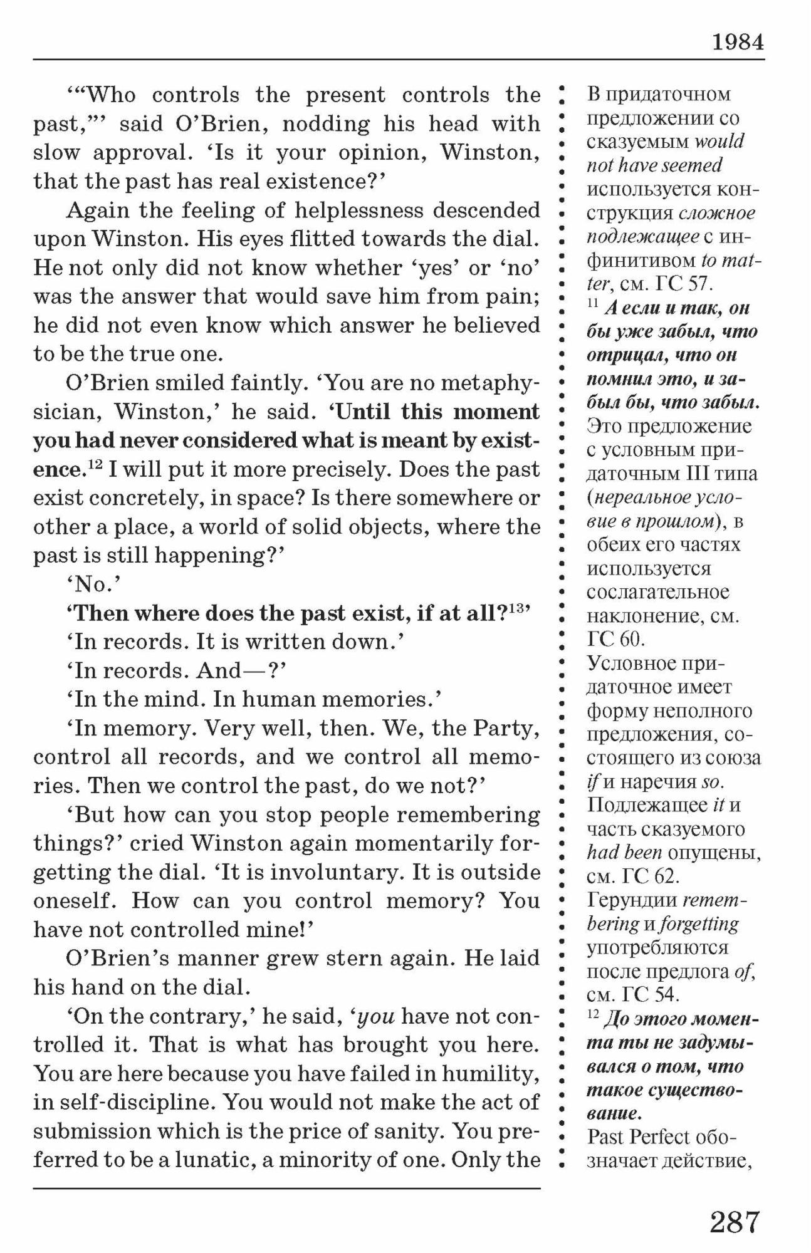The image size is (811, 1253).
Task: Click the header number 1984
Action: pyautogui.click(x=738, y=42)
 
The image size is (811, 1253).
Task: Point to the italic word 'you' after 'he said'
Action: pyautogui.click(x=375, y=1016)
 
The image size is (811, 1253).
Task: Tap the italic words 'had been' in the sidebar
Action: pyautogui.click(x=624, y=853)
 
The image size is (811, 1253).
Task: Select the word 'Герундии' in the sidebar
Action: pyautogui.click(x=632, y=900)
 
